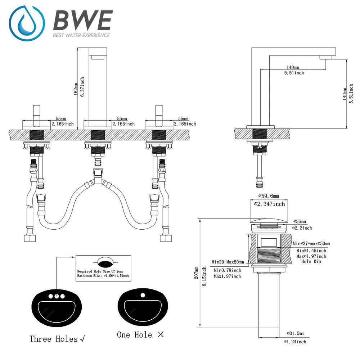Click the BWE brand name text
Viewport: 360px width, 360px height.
point(82,21)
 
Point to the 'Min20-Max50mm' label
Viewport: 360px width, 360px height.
point(228,262)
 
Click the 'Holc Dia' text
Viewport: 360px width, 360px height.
point(311,261)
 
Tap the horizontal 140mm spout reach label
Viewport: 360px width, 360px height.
point(293,67)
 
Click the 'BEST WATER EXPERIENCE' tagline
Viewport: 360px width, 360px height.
point(81,35)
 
